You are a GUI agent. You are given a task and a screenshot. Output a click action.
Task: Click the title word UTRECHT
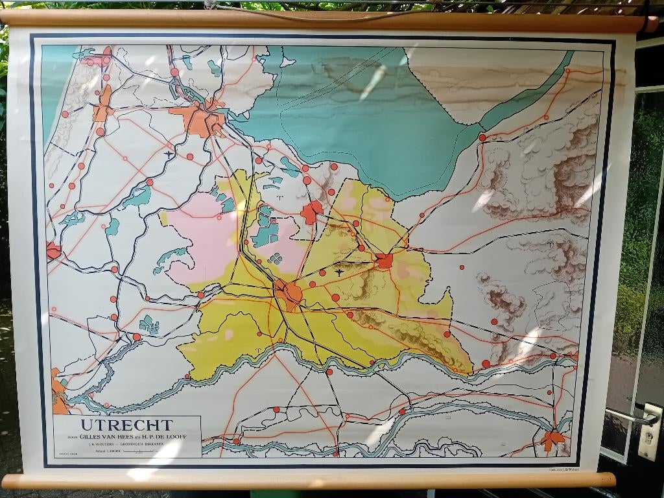point(126,425)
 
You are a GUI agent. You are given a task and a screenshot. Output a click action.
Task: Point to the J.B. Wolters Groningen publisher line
point(126,445)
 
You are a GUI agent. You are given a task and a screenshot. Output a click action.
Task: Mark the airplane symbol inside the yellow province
point(340,272)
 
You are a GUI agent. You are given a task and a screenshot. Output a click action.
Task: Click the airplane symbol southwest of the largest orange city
point(170,154)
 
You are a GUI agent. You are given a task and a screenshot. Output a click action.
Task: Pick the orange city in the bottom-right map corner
point(552,439)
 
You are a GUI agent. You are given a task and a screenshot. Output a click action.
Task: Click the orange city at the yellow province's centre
point(289,293)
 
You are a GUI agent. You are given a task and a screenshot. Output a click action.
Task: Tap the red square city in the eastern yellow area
point(385,261)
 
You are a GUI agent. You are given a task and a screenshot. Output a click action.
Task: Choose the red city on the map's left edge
point(53,250)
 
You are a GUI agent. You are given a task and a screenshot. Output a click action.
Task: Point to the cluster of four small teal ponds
point(276,257)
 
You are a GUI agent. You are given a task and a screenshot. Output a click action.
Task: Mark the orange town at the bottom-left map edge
point(58,392)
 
